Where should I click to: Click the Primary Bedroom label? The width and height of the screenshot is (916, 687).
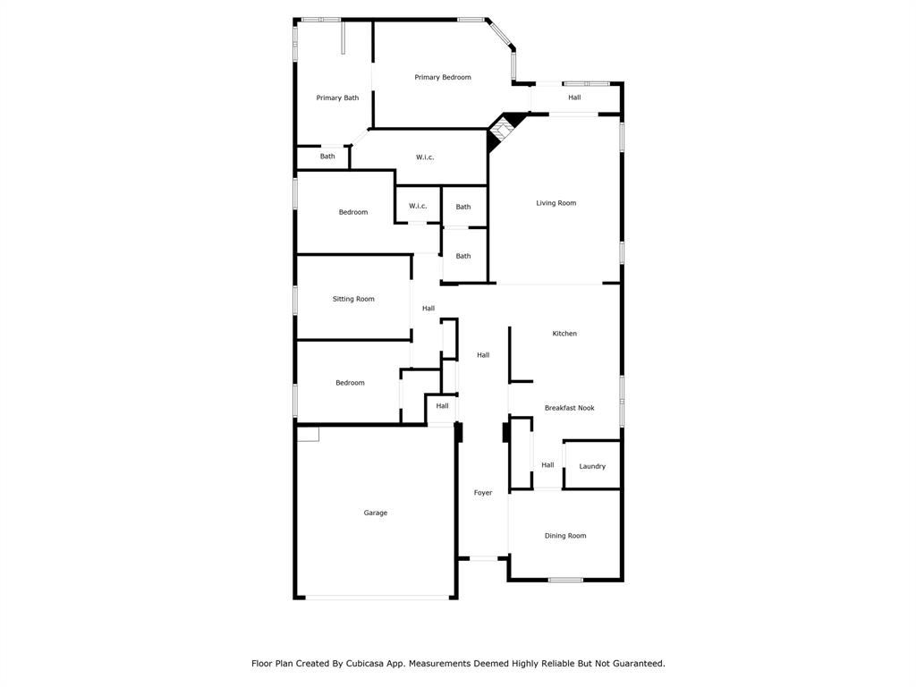point(443,78)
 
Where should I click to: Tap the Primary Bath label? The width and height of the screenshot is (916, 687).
point(337,98)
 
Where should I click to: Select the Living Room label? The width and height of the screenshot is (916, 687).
point(556,203)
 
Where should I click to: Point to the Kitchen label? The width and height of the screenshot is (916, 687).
point(564,334)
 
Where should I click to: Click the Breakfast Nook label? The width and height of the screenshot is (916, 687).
point(569,408)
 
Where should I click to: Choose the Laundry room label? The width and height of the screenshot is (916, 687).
point(592,466)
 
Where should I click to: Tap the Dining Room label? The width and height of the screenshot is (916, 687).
point(565,536)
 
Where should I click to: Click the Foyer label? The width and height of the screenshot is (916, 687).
point(483,493)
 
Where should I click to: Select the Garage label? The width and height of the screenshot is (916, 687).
point(376,513)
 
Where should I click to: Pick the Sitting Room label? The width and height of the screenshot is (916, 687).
point(353,299)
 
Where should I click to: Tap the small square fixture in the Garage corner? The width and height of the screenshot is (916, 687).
point(308,434)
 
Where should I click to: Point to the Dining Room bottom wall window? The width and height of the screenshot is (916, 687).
point(565,580)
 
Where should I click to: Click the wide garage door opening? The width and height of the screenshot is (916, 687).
point(376,598)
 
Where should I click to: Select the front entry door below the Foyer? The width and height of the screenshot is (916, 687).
point(484,559)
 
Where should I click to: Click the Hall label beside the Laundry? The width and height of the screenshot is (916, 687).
point(547,465)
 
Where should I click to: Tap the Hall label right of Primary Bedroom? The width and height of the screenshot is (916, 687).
point(574,98)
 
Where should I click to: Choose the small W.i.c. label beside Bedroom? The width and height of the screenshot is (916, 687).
point(418,207)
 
